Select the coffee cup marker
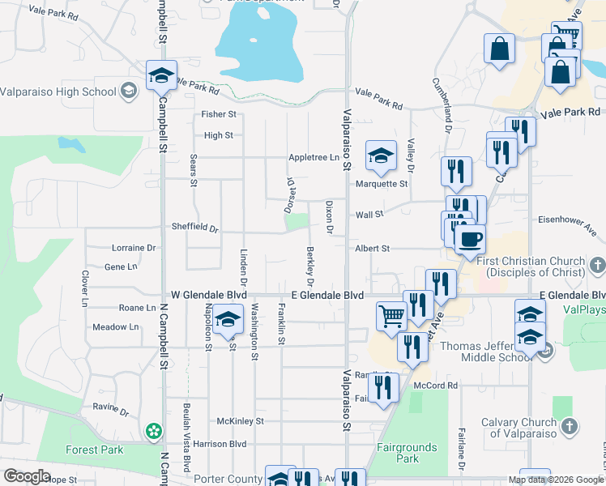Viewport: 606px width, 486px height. click(469, 239)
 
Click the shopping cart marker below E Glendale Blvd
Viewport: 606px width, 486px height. click(392, 315)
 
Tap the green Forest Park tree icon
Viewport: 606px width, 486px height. click(151, 432)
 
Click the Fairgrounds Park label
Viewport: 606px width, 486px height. click(408, 453)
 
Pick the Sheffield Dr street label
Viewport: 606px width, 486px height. click(194, 228)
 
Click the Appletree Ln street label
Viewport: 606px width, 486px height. click(313, 157)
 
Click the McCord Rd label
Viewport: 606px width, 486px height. click(436, 386)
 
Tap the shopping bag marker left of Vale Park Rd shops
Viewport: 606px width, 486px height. click(500, 48)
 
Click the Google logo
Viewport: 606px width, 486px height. click(27, 476)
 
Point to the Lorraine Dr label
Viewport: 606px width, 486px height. click(129, 248)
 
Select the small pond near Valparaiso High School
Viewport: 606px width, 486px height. click(72, 145)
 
